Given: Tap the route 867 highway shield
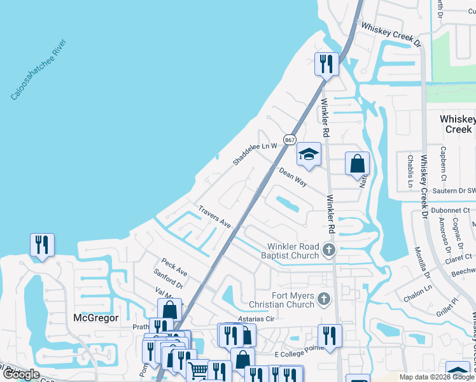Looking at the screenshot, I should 290,139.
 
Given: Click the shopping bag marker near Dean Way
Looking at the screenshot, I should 358,163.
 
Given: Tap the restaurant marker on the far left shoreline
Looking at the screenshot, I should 42,245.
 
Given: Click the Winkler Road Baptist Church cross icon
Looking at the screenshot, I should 329,249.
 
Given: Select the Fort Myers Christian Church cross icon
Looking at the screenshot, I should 324,298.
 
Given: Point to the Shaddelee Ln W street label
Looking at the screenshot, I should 255,154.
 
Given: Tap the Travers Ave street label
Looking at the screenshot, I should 214,216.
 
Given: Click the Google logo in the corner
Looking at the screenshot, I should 20,374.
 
